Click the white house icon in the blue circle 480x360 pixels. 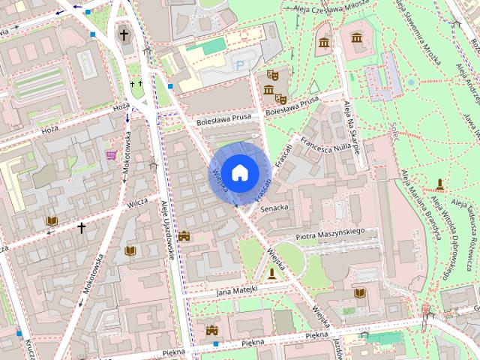point(239,172)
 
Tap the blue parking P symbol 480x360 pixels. point(240,66)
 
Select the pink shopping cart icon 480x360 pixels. point(111,155)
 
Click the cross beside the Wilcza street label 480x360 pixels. point(81,226)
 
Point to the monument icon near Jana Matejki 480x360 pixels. point(271,274)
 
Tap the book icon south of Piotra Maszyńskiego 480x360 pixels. point(359,292)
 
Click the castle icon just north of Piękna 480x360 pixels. point(211,330)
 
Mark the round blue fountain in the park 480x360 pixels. point(410,81)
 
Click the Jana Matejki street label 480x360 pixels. point(236,289)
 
